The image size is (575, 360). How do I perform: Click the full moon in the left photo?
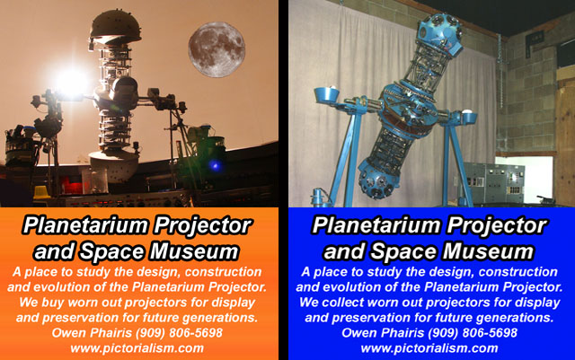click(x=217, y=50)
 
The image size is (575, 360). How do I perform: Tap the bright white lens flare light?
click(x=72, y=83)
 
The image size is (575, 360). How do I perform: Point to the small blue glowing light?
click(x=216, y=166)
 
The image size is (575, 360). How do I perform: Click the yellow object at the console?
click(x=41, y=193)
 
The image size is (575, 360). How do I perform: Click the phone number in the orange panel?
click(x=179, y=333)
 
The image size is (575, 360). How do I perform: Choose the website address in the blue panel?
click(x=429, y=348)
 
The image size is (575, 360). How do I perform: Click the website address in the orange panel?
click(x=137, y=348)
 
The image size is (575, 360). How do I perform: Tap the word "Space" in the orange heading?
click(x=113, y=252)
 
